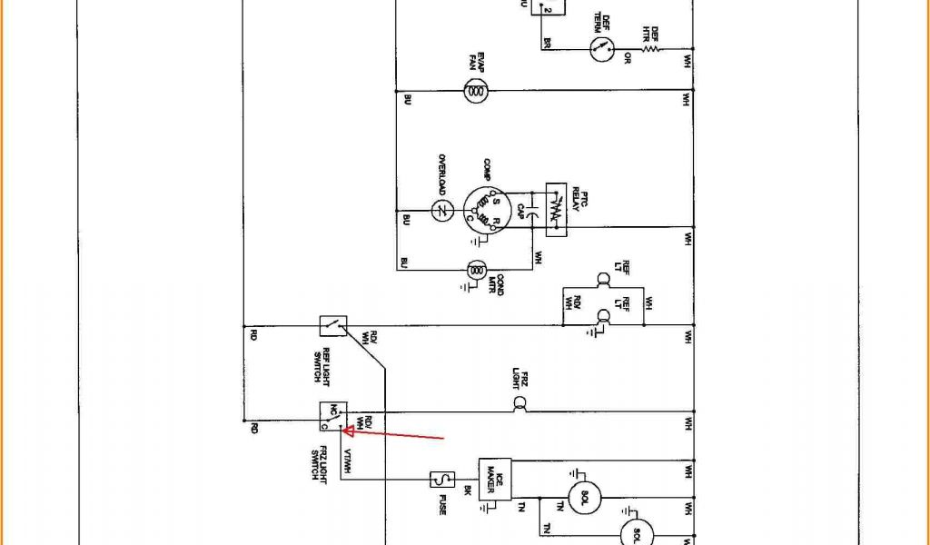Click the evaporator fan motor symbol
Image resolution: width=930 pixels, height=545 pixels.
[475, 89]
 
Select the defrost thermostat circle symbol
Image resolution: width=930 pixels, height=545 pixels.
[599, 48]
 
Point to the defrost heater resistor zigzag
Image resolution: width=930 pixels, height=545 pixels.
[650, 48]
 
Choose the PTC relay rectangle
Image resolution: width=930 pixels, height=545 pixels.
[555, 211]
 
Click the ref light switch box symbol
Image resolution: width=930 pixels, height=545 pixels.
[332, 325]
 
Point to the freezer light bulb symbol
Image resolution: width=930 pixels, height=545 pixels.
[520, 403]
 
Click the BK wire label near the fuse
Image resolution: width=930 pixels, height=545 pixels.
[467, 490]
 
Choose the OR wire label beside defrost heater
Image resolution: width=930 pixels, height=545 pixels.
[627, 61]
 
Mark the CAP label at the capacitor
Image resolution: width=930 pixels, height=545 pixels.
[520, 211]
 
